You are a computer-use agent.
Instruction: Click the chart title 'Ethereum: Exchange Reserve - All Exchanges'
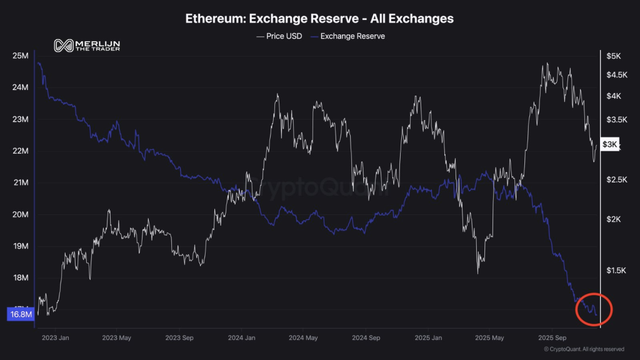(319, 18)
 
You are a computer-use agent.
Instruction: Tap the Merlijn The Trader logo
(87, 46)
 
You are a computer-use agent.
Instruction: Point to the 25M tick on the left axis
(20, 56)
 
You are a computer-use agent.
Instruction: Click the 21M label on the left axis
(20, 183)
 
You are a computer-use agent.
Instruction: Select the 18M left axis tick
(20, 278)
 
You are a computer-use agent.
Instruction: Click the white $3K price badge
(609, 144)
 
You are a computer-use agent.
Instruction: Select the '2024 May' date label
(304, 337)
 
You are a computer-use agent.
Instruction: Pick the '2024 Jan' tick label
(242, 337)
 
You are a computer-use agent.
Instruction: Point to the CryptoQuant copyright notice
(584, 349)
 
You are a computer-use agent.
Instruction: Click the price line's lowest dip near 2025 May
(478, 273)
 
